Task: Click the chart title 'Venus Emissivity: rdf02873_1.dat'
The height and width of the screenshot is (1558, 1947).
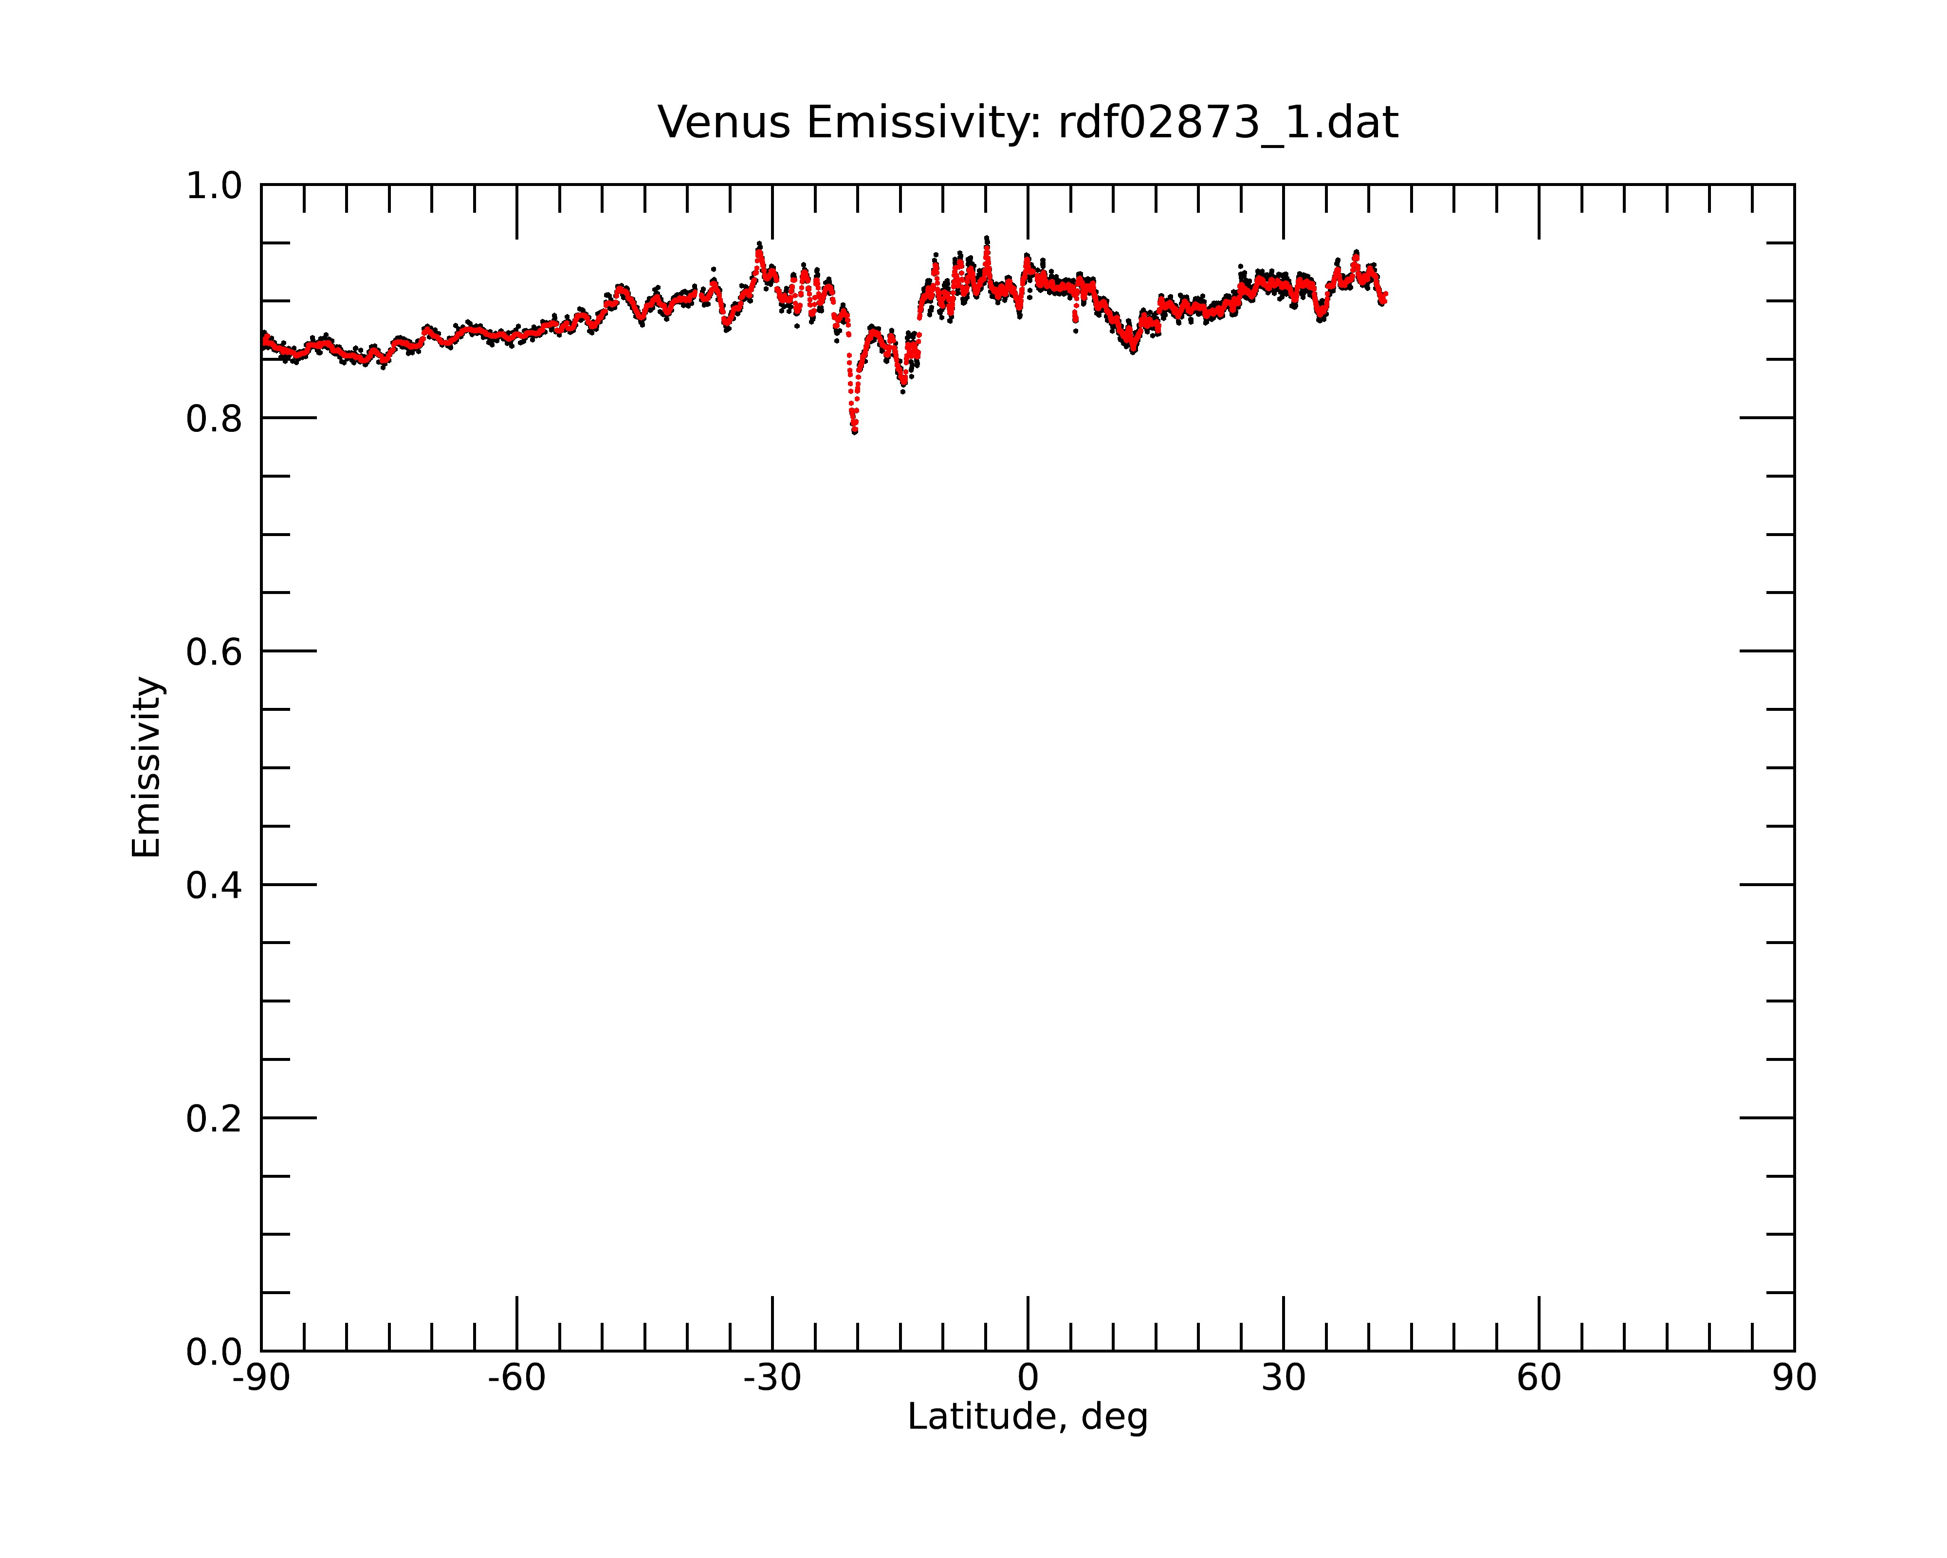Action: (x=1028, y=123)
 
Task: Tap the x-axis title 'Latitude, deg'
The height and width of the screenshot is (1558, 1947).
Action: (x=1028, y=1417)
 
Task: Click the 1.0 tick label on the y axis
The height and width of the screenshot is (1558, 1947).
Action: (x=214, y=186)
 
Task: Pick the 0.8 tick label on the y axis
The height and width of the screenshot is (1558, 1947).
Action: (x=214, y=419)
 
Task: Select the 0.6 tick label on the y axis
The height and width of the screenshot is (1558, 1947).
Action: (x=214, y=652)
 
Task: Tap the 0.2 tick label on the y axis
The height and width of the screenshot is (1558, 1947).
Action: (x=214, y=1119)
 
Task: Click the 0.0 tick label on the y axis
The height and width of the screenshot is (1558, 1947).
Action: (x=214, y=1352)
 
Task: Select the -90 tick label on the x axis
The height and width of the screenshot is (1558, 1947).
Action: (x=261, y=1378)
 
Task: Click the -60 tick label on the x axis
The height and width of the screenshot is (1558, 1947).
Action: (x=516, y=1378)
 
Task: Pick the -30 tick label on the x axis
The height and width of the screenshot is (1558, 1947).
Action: (x=772, y=1378)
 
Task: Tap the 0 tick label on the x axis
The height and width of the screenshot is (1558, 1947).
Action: (x=1028, y=1378)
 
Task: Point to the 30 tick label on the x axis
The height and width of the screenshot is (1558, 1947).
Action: (x=1283, y=1378)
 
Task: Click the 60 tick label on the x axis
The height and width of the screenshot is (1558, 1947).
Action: (x=1539, y=1378)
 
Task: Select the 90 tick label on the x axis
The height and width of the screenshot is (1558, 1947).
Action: (x=1794, y=1378)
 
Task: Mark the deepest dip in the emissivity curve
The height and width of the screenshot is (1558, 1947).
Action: (x=854, y=431)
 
